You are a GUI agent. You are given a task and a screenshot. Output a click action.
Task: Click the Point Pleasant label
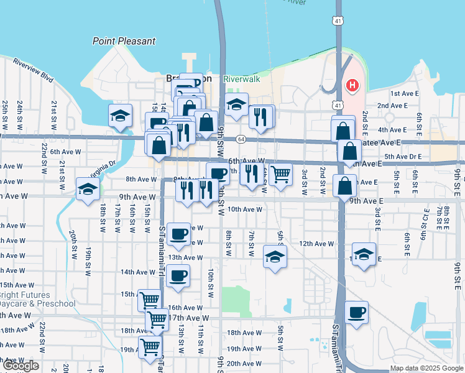tap(124, 41)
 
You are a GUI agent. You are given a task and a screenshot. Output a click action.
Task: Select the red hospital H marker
tap(352, 85)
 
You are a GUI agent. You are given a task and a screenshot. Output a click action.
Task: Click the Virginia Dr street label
tap(104, 167)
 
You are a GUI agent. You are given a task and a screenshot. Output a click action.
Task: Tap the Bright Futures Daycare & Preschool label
tap(37, 299)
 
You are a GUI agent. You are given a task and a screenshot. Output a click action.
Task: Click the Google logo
tap(21, 366)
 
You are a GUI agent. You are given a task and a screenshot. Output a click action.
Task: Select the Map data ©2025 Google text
tap(426, 368)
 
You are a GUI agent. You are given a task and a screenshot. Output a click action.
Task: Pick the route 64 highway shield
tap(241, 139)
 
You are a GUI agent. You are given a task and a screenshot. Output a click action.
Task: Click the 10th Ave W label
tap(245, 210)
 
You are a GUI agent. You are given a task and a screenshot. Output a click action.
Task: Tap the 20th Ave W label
tap(244, 364)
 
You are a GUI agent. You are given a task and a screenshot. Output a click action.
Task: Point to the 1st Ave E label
tap(404, 93)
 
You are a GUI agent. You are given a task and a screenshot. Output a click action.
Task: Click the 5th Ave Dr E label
tap(403, 156)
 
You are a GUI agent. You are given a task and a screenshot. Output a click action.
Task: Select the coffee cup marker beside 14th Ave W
tap(178, 275)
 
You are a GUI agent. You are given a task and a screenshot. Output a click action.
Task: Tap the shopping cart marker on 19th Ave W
tap(150, 347)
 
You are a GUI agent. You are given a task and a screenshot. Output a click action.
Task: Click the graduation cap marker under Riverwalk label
tap(237, 105)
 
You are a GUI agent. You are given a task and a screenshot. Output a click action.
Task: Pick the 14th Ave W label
tap(136, 272)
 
